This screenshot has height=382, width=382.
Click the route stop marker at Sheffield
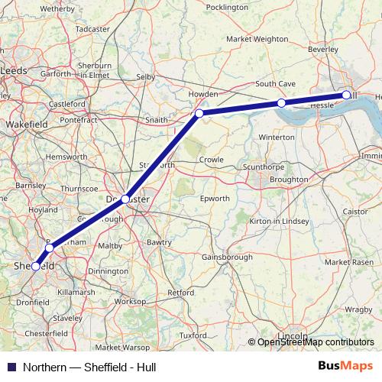point(36,267)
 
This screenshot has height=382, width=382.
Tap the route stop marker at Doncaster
point(125,199)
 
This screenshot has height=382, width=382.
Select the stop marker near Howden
point(199,113)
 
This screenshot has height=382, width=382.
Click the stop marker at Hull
point(346,95)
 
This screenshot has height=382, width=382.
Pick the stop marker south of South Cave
point(281,102)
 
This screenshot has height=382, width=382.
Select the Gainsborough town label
point(227,257)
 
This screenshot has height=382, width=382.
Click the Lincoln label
point(293,336)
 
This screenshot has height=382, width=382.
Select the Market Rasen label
point(348,262)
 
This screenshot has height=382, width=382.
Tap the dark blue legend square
point(9,367)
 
